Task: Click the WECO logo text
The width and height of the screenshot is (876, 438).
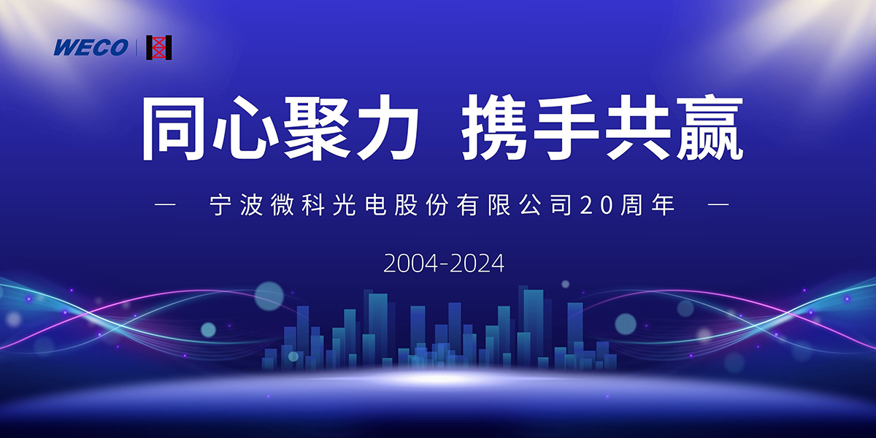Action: click(x=91, y=47)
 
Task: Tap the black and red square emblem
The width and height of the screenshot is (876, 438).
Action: click(x=159, y=47)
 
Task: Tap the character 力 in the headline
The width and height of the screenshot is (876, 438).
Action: click(x=385, y=128)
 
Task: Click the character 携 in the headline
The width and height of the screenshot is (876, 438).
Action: click(x=494, y=128)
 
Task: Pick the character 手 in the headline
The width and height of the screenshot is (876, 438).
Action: click(x=566, y=128)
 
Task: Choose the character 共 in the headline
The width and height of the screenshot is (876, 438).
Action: click(x=637, y=128)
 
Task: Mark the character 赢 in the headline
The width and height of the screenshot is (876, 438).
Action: click(x=710, y=128)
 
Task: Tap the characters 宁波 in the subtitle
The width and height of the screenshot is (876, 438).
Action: click(x=236, y=205)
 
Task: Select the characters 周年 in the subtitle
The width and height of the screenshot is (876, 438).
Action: click(x=648, y=205)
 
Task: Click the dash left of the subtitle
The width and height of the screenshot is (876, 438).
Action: click(x=166, y=204)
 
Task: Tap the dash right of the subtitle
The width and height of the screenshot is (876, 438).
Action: click(x=719, y=204)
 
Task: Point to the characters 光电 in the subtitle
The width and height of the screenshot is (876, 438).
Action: click(x=359, y=205)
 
